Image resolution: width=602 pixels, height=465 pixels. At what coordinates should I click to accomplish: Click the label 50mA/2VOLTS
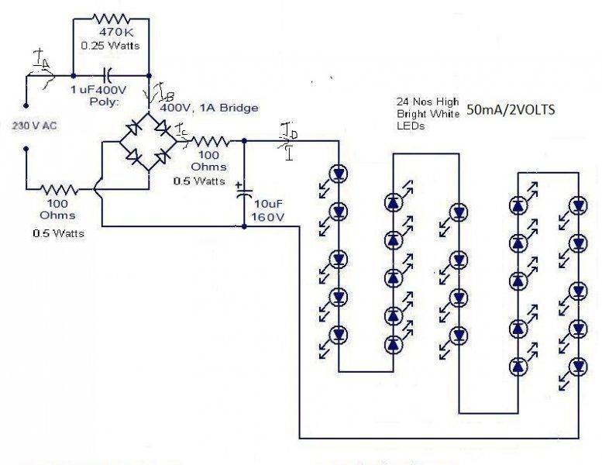tap(511, 111)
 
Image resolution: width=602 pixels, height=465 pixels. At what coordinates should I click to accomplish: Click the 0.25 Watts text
tap(108, 45)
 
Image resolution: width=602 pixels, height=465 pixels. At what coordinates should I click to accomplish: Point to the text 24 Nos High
tap(426, 102)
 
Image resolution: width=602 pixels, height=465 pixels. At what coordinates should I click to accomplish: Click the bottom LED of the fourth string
tap(518, 365)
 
